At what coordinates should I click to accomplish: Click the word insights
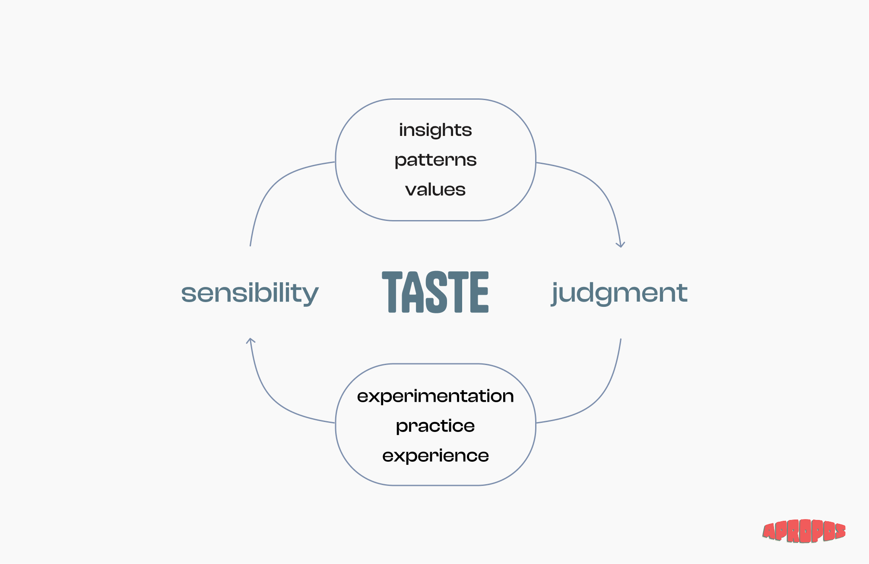(x=435, y=130)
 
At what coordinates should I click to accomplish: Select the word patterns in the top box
(x=435, y=160)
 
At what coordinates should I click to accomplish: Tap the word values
(x=435, y=190)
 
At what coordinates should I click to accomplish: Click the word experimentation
(x=435, y=396)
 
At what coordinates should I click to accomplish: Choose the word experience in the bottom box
(x=435, y=456)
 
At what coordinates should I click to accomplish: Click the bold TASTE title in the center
(x=435, y=292)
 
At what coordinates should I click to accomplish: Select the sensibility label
(x=250, y=293)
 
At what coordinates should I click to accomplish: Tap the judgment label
(x=619, y=293)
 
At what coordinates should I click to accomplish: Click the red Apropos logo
(x=804, y=531)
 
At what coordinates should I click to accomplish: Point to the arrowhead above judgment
(x=621, y=245)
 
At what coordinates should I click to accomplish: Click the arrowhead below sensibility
(x=251, y=340)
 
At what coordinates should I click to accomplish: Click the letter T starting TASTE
(x=392, y=292)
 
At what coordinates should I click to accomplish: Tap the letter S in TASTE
(x=436, y=292)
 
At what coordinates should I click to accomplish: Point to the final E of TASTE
(x=479, y=292)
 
